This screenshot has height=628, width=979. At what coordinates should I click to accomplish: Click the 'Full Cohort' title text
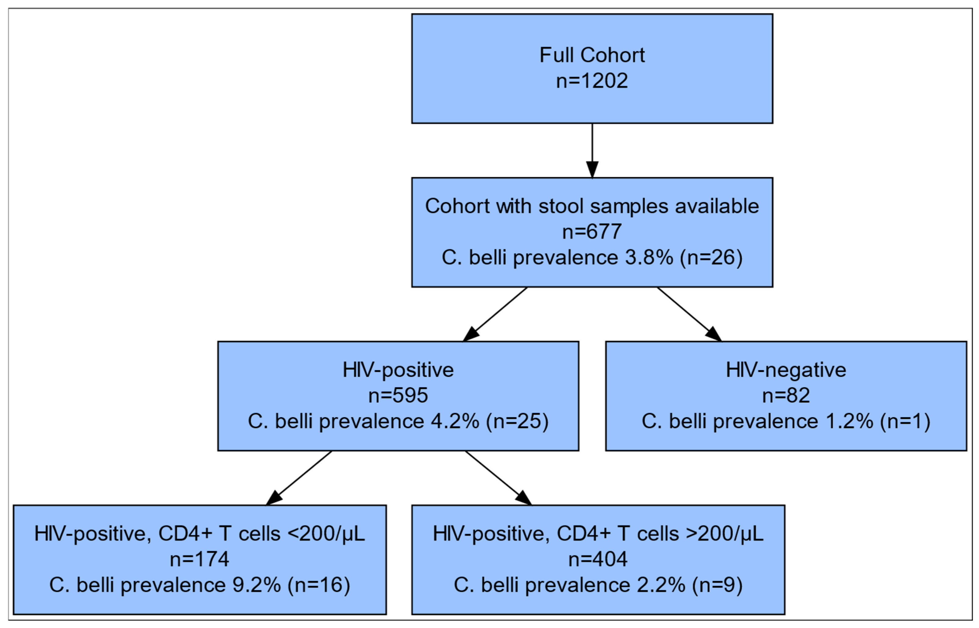[x=592, y=55]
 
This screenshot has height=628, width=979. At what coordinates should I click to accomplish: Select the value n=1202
[x=592, y=81]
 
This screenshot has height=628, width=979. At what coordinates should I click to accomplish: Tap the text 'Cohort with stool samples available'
[x=592, y=206]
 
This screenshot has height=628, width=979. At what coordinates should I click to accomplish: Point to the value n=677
[x=592, y=232]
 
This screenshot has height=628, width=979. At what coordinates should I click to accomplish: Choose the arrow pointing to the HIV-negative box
[x=689, y=314]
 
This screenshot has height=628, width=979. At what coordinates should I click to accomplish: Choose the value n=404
[x=598, y=559]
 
